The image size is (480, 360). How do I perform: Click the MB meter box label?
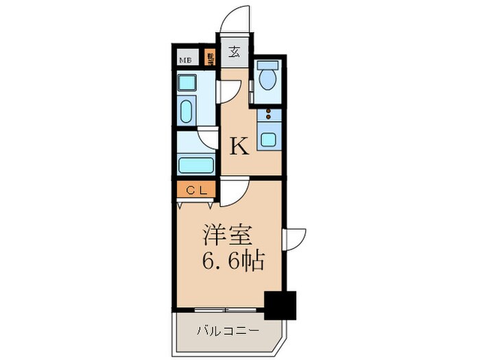(x=185, y=60)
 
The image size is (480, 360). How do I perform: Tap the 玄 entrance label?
(x=234, y=52)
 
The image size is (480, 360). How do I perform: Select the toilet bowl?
(x=267, y=80)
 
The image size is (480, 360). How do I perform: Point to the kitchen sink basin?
(x=268, y=140)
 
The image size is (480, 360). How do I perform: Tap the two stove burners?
(x=268, y=114)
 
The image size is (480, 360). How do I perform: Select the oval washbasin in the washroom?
(x=186, y=110)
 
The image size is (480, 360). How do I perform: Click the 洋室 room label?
(x=224, y=235)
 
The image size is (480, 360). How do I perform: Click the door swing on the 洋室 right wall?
(x=293, y=237)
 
